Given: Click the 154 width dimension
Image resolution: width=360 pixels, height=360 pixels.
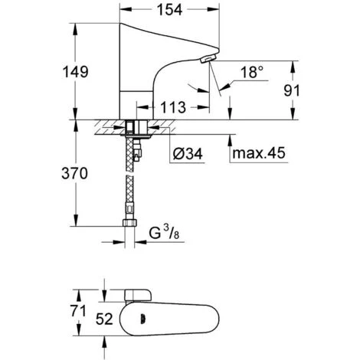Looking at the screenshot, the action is [169, 10].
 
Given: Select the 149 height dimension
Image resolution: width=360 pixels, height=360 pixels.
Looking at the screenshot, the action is [76, 72].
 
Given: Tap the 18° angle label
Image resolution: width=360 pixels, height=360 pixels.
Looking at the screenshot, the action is [252, 72].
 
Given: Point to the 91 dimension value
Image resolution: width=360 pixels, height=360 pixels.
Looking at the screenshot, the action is [292, 90].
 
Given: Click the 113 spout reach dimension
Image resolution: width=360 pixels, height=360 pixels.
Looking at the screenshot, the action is [173, 107].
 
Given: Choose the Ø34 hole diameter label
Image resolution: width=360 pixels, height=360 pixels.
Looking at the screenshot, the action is [188, 154].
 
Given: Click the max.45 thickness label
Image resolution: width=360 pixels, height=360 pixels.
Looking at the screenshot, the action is [259, 153].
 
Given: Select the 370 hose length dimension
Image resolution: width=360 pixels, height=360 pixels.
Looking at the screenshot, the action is [74, 174].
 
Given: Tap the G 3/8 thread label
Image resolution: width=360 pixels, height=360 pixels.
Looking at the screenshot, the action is [164, 233].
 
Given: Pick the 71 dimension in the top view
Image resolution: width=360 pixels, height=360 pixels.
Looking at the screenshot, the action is [78, 311].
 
